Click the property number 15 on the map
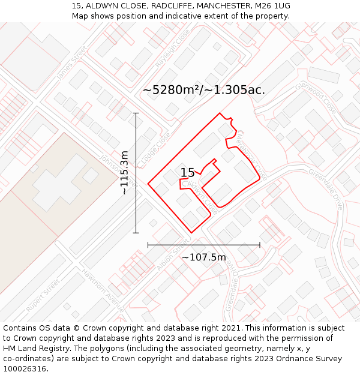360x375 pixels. click(187, 173)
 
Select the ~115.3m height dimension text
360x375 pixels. click(124, 173)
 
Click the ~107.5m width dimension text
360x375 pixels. click(204, 257)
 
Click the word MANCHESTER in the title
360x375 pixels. click(217, 5)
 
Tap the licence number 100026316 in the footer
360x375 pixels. click(25, 368)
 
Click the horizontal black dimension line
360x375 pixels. click(204, 245)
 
